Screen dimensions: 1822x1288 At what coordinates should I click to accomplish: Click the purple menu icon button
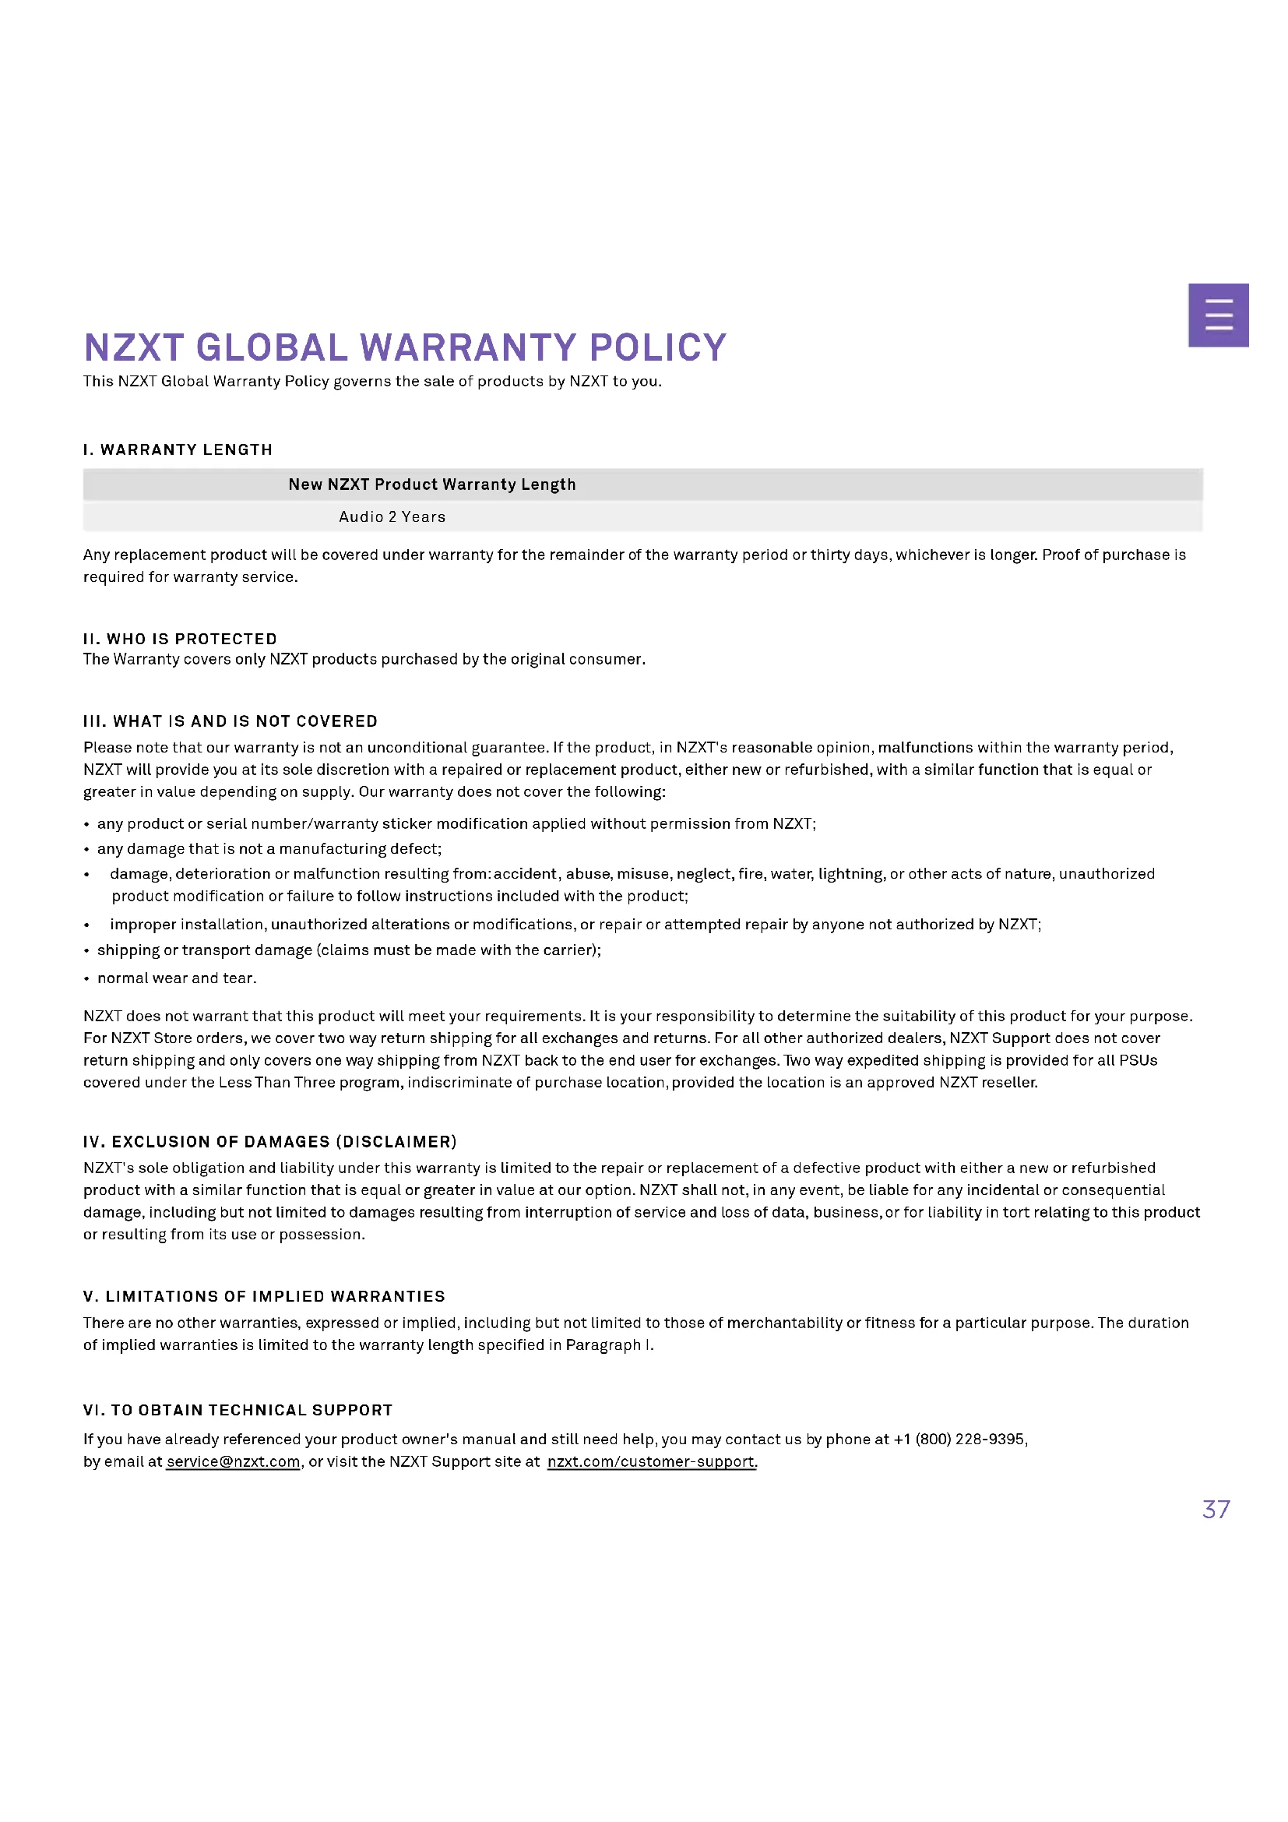tap(1219, 314)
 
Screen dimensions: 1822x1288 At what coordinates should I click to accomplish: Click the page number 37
tap(1216, 1509)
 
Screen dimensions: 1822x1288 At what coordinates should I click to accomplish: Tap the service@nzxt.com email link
tap(233, 1461)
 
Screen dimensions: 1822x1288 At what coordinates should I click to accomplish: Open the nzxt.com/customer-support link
tap(651, 1461)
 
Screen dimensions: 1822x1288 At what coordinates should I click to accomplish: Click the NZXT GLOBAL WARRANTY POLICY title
tap(404, 347)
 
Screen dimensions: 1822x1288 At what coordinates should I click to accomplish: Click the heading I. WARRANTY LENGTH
tap(178, 450)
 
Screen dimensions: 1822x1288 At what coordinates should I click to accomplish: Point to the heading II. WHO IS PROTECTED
tap(180, 639)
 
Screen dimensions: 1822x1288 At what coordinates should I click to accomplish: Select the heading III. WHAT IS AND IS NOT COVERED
tap(230, 721)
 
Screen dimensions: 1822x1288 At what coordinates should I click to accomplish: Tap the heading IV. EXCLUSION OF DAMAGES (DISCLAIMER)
tap(269, 1141)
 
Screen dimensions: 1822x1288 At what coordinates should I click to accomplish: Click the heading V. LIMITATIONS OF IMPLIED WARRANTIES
tap(264, 1296)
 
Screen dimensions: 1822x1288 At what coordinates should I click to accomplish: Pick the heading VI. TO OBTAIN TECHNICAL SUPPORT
tap(238, 1409)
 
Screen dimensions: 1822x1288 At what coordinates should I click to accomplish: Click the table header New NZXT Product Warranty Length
tap(432, 484)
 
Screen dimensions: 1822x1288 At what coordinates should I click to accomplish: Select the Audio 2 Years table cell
tap(392, 516)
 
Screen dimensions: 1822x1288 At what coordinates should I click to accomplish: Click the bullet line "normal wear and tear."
tap(177, 978)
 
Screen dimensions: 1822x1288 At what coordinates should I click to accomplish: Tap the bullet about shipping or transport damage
tap(349, 950)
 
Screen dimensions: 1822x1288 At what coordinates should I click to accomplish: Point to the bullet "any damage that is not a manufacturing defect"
tap(269, 848)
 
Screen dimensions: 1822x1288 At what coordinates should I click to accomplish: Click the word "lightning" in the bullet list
tap(850, 874)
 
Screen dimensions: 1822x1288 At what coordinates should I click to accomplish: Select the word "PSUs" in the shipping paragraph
tap(1137, 1060)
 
